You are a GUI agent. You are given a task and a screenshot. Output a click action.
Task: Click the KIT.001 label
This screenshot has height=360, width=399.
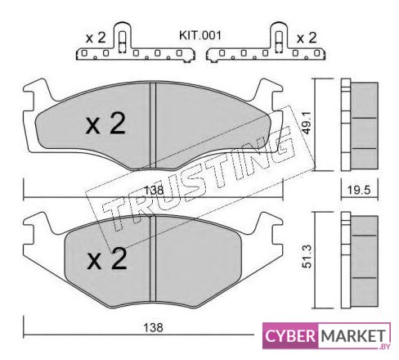click(x=199, y=35)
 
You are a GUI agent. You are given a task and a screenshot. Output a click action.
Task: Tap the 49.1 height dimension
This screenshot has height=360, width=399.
click(x=307, y=124)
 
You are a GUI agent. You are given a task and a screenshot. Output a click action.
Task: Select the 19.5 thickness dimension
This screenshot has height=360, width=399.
click(x=359, y=190)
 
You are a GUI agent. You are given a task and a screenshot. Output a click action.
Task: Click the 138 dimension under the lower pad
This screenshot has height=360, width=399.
click(x=154, y=327)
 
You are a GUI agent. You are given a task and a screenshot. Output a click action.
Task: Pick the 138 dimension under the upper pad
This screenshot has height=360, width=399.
click(x=154, y=190)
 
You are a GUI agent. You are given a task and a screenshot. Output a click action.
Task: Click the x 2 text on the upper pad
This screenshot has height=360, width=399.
click(x=105, y=124)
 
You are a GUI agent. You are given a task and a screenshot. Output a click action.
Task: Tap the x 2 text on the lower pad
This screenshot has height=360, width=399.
click(x=107, y=259)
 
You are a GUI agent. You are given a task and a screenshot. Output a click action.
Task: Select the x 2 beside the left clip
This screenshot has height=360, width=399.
click(x=96, y=38)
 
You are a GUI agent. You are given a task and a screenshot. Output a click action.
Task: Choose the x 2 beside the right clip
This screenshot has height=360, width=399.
click(x=307, y=38)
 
